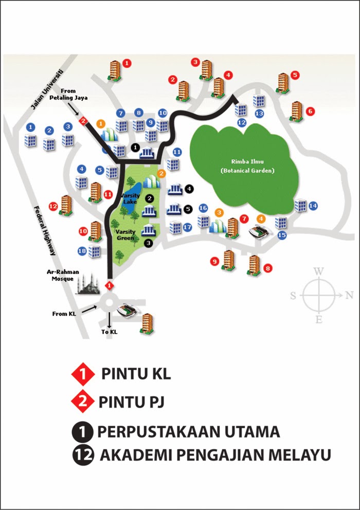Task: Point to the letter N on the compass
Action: click(349, 295)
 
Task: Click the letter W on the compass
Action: click(319, 271)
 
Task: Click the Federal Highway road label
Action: click(44, 231)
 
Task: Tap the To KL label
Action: click(109, 332)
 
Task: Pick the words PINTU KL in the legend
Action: click(136, 374)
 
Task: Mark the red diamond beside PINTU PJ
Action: click(84, 402)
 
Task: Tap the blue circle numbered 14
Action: click(313, 206)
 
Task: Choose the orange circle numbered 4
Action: click(261, 218)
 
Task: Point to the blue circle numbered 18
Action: click(82, 251)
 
